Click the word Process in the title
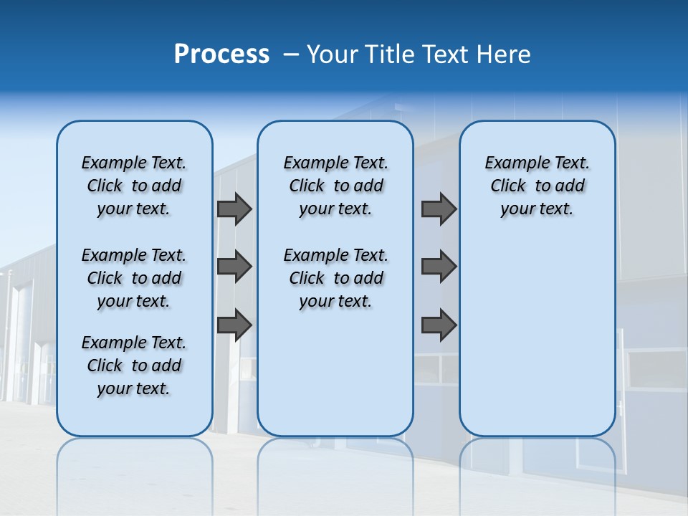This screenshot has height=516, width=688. click(221, 54)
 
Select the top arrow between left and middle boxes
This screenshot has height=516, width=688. click(234, 209)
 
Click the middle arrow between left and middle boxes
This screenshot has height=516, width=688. click(234, 267)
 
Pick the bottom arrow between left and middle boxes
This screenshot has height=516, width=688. click(234, 325)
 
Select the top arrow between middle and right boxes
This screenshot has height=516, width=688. click(439, 209)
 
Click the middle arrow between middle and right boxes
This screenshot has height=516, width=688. click(439, 267)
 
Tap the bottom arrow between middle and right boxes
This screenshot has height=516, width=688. click(439, 325)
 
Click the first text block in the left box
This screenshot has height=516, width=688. click(134, 186)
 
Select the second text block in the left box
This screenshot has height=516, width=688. click(134, 278)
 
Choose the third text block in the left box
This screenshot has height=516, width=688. click(134, 365)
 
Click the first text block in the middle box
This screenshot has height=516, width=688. click(335, 186)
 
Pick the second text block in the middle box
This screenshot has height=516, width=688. click(335, 278)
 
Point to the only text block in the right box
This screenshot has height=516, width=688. click(537, 186)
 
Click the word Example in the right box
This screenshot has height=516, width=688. click(512, 163)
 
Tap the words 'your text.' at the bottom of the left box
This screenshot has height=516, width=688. click(133, 389)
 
